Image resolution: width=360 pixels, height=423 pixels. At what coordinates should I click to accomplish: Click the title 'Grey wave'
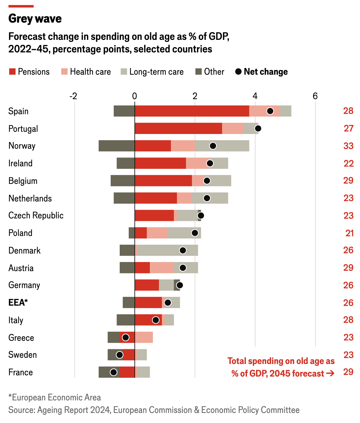[35, 19]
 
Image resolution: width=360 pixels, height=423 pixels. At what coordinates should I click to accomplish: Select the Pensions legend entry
[29, 72]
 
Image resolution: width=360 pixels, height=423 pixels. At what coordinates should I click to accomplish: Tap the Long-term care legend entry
[152, 72]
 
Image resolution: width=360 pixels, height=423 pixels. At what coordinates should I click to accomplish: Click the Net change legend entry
[261, 72]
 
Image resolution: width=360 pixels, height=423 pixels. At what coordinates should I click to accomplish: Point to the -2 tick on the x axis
[73, 96]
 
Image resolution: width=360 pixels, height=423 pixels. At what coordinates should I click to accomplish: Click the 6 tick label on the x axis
[315, 96]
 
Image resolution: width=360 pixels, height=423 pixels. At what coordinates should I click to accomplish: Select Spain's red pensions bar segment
[192, 111]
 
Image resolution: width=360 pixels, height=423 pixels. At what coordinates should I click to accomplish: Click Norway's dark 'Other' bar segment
[116, 146]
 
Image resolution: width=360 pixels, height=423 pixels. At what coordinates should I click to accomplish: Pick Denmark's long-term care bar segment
[168, 250]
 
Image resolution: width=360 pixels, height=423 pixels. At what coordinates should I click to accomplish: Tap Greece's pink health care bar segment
[144, 337]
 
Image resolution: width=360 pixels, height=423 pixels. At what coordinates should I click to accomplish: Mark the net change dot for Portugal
[258, 128]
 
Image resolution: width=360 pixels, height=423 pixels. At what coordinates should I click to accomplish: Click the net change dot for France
[114, 372]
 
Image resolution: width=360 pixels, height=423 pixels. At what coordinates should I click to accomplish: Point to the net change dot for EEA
[168, 303]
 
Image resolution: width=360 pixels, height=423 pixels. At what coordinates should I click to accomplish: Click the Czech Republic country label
[36, 216]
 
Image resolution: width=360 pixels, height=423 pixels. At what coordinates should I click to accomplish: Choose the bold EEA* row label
[18, 303]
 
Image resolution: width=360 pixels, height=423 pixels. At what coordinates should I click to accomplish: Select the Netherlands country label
[30, 198]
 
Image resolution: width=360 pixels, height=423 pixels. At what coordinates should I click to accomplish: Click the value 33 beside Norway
[348, 146]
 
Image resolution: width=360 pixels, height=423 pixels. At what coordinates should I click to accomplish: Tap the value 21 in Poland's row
[349, 233]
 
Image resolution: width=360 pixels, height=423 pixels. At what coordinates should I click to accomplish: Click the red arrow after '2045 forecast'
[330, 373]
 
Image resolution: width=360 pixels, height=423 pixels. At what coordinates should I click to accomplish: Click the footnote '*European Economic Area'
[55, 398]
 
